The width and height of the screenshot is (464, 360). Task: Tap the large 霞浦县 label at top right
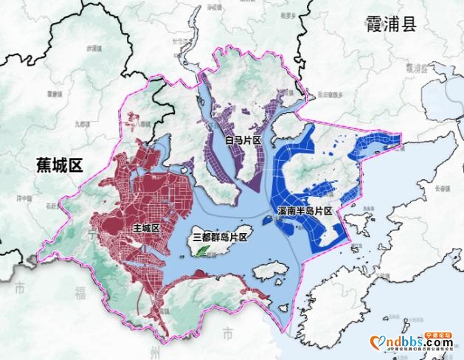[392, 24]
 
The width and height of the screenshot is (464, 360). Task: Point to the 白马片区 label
[243, 139]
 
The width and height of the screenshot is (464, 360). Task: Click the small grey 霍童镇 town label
[53, 94]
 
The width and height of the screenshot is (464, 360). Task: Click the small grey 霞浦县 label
[415, 67]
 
